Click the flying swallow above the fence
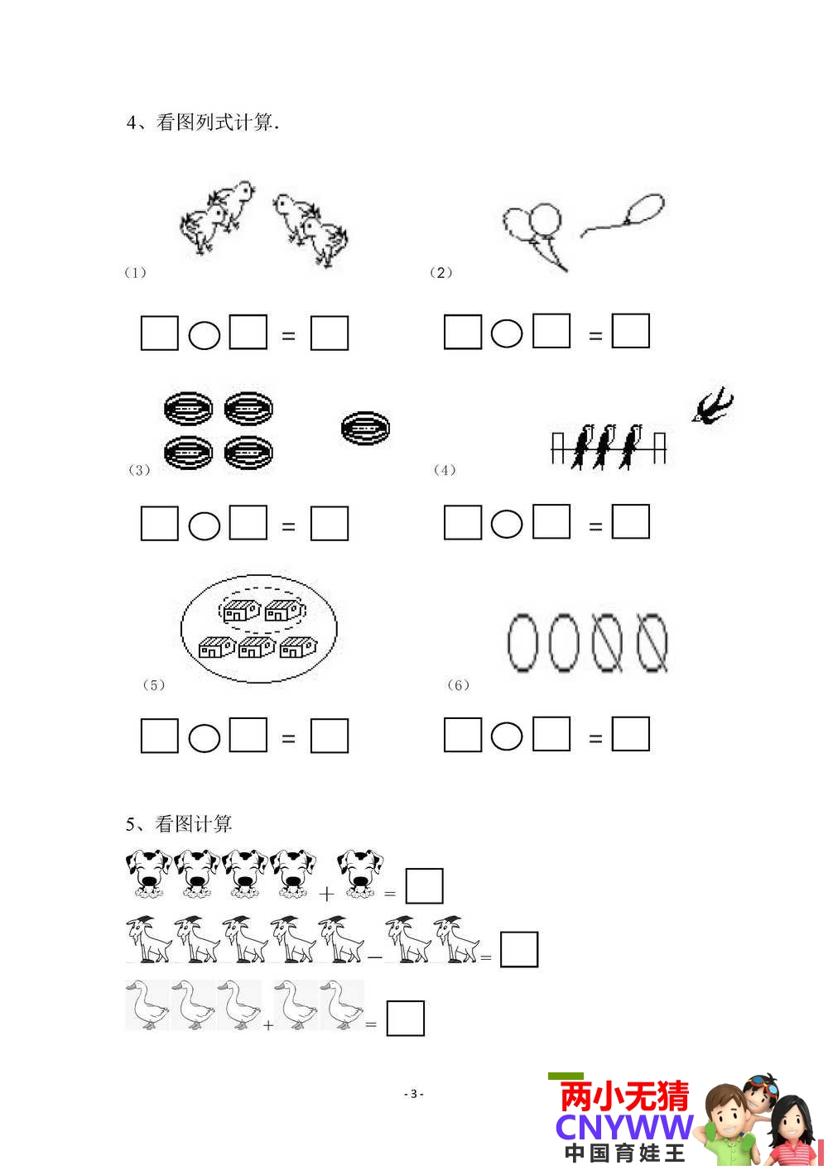pos(712,406)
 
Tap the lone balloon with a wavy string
pos(624,214)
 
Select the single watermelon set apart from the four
pos(365,429)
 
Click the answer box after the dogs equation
pos(425,886)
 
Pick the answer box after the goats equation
pos(519,949)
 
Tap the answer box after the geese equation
pos(406,1018)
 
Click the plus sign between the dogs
pos(326,894)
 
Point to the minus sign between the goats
pos(375,957)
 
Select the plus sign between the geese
pos(268,1025)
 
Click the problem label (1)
pos(135,272)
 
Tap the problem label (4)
pos(445,469)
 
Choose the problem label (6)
pos(459,685)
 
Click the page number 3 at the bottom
pos(413,1094)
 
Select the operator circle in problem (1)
pos(204,335)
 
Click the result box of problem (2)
pos(630,331)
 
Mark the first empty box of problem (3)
pos(160,523)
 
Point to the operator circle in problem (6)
pos(507,736)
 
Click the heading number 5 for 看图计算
pos(131,824)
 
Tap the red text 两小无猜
pos(624,1096)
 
